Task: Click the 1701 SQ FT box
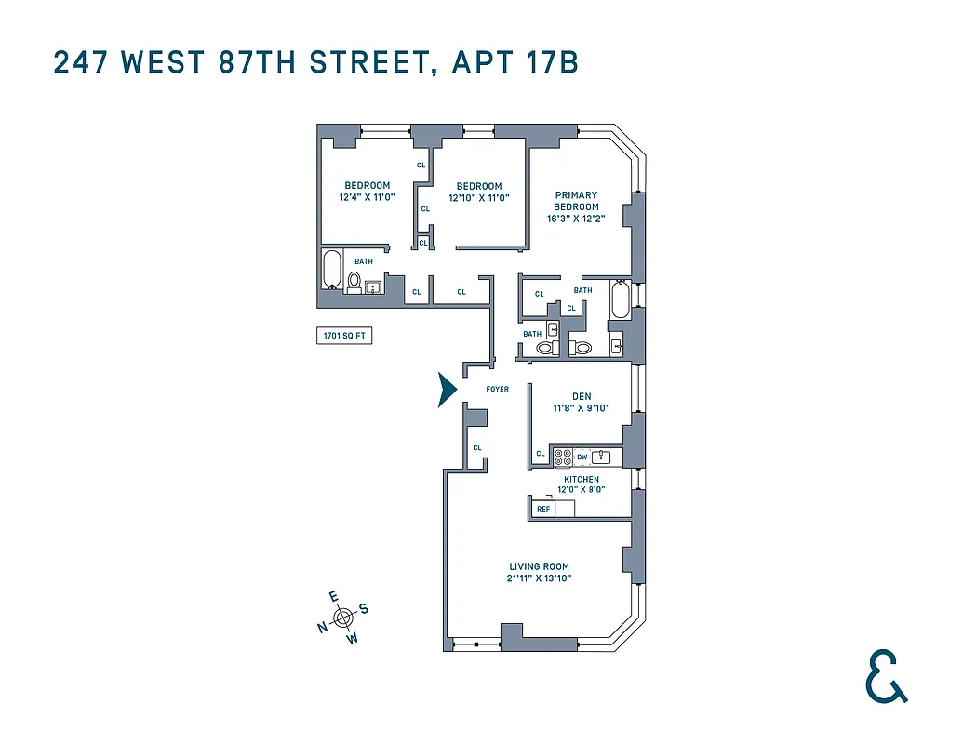point(344,336)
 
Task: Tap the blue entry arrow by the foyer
point(448,390)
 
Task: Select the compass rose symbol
point(343,616)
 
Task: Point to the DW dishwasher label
point(582,457)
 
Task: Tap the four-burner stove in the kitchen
point(564,457)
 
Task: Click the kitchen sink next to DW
point(601,457)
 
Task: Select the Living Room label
point(539,566)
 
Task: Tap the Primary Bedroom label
point(576,201)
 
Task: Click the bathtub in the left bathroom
point(332,270)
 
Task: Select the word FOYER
point(498,389)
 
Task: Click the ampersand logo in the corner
point(885,676)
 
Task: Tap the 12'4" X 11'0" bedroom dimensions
point(367,197)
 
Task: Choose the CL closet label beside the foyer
point(477,447)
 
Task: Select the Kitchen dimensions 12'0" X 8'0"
point(582,489)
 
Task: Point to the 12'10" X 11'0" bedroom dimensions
point(479,198)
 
